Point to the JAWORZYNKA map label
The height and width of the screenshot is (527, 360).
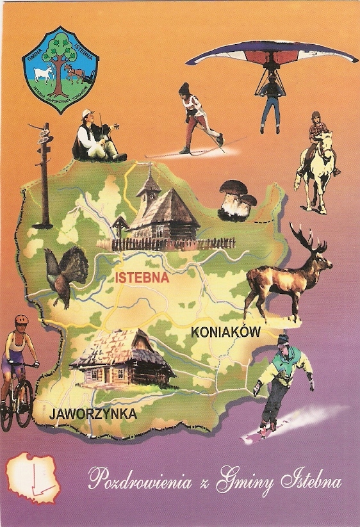(x=93, y=414)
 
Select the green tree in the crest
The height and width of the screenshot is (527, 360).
(x=62, y=54)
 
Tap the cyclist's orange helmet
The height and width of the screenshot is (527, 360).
(x=22, y=319)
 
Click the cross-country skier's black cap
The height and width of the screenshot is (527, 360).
(x=184, y=88)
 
